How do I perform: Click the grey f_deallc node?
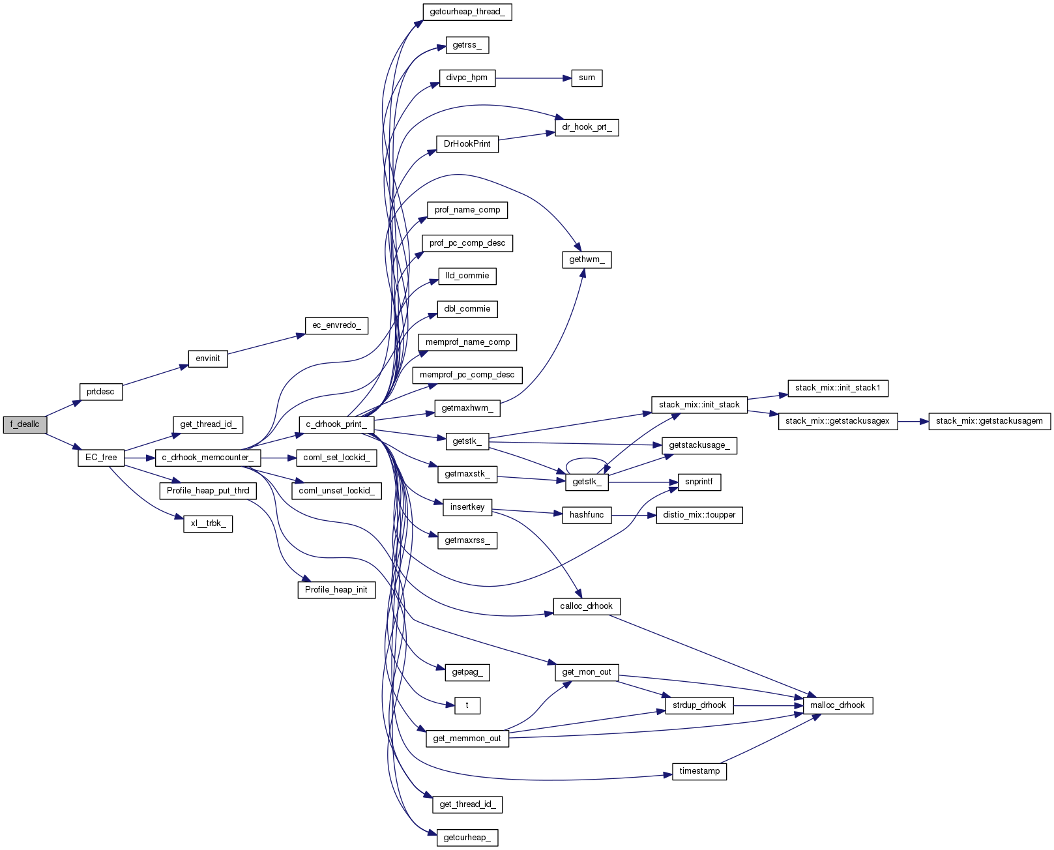click(x=25, y=424)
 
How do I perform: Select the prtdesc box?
click(x=100, y=392)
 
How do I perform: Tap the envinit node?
click(x=208, y=359)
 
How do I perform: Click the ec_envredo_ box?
click(x=336, y=325)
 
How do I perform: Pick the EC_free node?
click(x=101, y=458)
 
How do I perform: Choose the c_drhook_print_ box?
click(x=336, y=424)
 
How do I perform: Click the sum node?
click(x=587, y=78)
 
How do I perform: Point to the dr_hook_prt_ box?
click(x=587, y=127)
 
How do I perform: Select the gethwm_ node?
click(x=587, y=259)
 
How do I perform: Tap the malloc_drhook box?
click(x=838, y=705)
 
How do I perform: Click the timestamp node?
click(x=699, y=771)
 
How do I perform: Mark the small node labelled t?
click(x=467, y=705)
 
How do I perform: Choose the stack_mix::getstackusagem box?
click(x=989, y=421)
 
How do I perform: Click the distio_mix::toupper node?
click(x=699, y=515)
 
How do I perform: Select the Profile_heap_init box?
click(x=336, y=590)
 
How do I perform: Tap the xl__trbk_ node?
click(x=208, y=523)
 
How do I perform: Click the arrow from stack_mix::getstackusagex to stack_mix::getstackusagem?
click(x=913, y=421)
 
